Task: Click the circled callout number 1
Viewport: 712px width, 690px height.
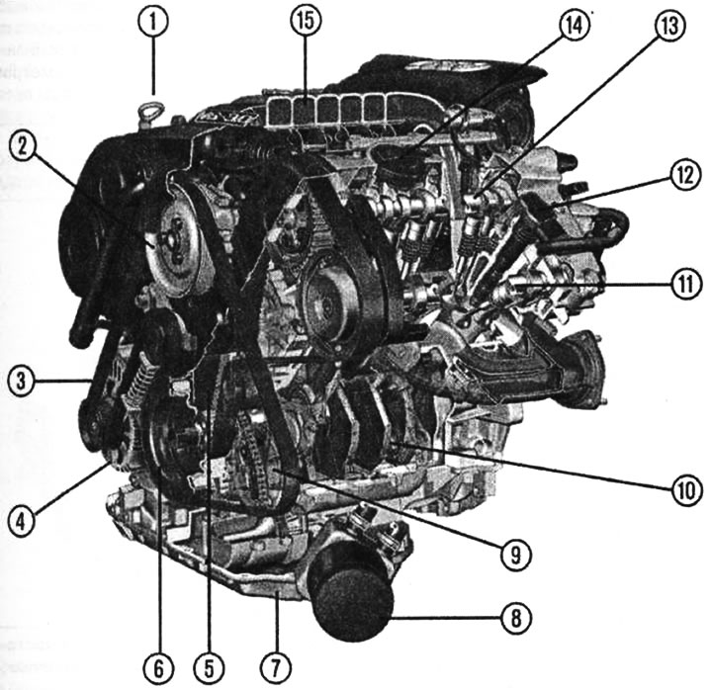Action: pyautogui.click(x=153, y=22)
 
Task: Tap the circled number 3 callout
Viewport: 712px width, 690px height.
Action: pyautogui.click(x=21, y=380)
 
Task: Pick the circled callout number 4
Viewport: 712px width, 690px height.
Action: pyautogui.click(x=22, y=521)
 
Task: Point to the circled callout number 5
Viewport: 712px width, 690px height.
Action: pyautogui.click(x=210, y=668)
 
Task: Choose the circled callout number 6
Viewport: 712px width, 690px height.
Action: pyautogui.click(x=158, y=668)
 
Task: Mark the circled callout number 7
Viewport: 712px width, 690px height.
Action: pyautogui.click(x=276, y=667)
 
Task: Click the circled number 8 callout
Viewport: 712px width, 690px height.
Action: pyautogui.click(x=516, y=618)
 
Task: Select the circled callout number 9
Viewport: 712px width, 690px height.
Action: pyautogui.click(x=516, y=554)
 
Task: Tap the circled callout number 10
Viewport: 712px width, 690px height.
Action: pyautogui.click(x=686, y=489)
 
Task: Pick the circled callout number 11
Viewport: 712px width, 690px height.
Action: pyautogui.click(x=686, y=284)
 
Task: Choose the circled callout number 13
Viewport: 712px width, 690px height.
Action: pyautogui.click(x=670, y=26)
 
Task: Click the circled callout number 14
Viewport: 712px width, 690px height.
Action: pyautogui.click(x=575, y=25)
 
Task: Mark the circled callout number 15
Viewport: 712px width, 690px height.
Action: pyautogui.click(x=306, y=21)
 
